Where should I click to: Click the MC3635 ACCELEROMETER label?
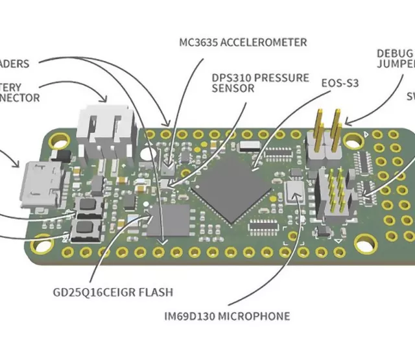coord(243,43)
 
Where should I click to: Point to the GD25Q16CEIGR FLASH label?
coord(112,291)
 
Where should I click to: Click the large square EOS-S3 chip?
coord(233,184)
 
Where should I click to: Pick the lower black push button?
coord(86,227)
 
